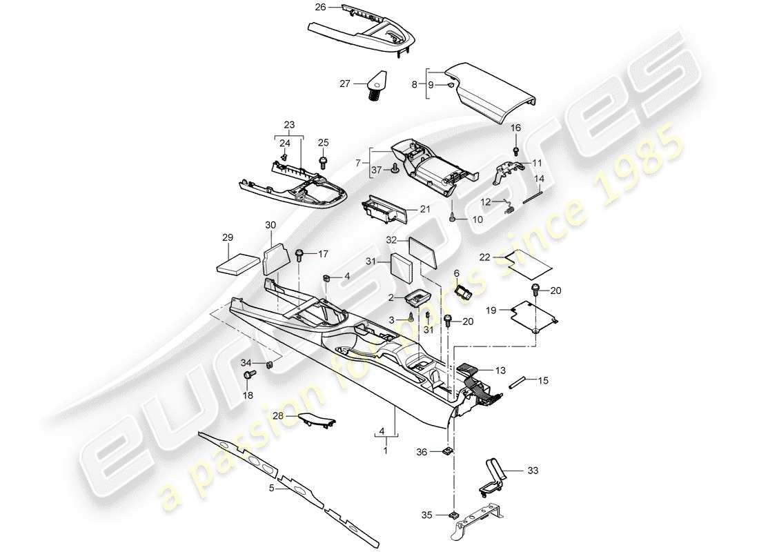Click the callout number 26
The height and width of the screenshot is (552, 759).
[319, 8]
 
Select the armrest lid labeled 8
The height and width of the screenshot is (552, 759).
[490, 92]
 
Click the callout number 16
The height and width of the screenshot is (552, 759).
[516, 128]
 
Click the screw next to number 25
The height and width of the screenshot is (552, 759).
[323, 163]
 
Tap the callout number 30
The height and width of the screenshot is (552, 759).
[270, 225]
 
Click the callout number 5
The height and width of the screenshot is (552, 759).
[272, 488]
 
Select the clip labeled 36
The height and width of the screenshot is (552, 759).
[446, 452]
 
